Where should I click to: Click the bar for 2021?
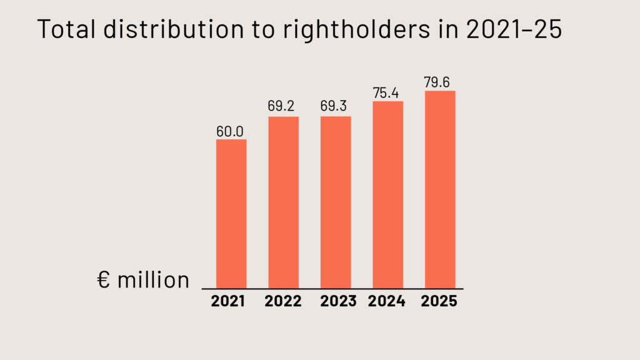click(231, 213)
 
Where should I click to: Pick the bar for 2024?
click(387, 194)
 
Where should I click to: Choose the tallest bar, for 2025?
click(440, 189)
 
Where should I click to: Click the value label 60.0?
click(231, 131)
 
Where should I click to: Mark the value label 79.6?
click(439, 82)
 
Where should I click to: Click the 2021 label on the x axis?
click(229, 301)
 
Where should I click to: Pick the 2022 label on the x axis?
click(283, 301)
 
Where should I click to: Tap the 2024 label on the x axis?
click(387, 301)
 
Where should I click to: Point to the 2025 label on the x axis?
click(439, 301)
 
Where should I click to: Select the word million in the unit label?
click(153, 280)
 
